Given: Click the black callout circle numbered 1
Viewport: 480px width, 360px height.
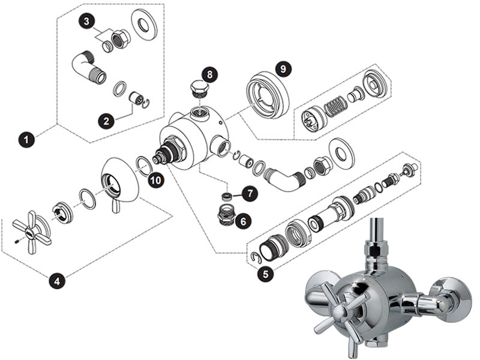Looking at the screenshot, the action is click(26, 140).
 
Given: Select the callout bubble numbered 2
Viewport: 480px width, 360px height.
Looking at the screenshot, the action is click(106, 121).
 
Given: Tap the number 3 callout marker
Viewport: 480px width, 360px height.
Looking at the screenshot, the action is click(87, 22).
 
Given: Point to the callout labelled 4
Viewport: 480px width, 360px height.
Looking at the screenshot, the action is click(57, 280).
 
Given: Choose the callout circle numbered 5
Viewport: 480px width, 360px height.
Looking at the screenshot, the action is click(265, 274).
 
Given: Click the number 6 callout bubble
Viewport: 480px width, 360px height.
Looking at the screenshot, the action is click(244, 221).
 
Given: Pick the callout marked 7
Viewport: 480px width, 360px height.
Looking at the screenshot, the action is click(250, 193).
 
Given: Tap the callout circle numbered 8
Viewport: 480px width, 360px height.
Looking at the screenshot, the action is click(209, 74).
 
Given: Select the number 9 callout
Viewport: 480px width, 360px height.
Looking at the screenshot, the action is click(283, 69).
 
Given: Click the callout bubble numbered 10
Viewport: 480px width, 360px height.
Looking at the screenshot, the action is click(155, 180).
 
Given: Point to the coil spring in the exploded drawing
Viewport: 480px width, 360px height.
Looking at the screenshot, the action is click(335, 106).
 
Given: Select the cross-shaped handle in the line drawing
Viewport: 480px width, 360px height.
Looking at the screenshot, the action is click(29, 232).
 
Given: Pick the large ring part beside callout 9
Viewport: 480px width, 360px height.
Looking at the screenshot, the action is click(268, 94).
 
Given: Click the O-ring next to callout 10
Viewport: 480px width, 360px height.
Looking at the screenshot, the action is click(144, 166).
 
